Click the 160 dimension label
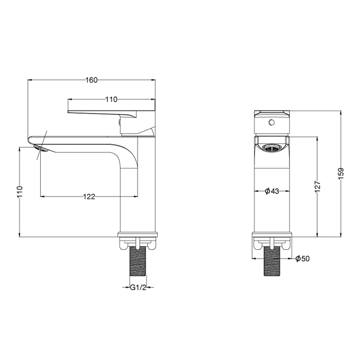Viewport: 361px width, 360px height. [92, 80]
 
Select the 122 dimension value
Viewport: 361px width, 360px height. [89, 197]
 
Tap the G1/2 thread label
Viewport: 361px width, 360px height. [138, 288]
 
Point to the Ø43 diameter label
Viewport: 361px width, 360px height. [272, 191]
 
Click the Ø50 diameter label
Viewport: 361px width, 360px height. [303, 259]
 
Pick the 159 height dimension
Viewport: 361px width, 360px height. [341, 173]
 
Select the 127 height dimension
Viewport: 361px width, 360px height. [318, 186]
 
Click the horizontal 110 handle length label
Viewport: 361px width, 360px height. [111, 99]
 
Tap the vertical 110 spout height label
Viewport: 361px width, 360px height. [20, 191]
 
